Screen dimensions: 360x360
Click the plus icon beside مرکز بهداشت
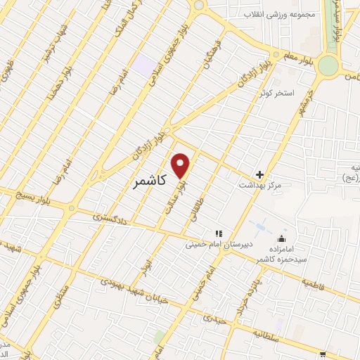point(259,174)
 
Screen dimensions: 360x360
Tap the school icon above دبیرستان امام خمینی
point(218,233)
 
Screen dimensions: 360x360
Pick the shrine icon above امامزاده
point(282,239)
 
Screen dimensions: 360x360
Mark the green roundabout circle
point(328,66)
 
